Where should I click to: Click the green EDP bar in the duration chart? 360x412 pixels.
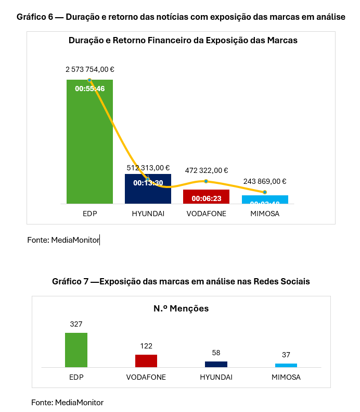click(x=89, y=146)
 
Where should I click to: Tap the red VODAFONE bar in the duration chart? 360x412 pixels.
click(x=206, y=197)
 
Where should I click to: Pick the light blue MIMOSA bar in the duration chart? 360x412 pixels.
click(x=265, y=199)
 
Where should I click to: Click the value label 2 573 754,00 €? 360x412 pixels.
click(x=90, y=69)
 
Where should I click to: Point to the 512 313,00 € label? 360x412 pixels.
click(x=148, y=168)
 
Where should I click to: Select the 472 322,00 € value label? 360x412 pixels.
click(x=207, y=170)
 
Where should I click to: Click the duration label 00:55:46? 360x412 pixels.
click(x=90, y=89)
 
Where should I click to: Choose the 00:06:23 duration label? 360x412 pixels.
click(x=207, y=198)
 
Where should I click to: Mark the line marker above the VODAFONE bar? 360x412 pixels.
click(x=206, y=181)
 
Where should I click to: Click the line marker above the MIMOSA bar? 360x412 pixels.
click(x=265, y=192)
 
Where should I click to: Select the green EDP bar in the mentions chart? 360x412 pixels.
click(x=76, y=350)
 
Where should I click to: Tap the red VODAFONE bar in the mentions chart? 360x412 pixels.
click(x=146, y=361)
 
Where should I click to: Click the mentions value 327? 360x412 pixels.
click(x=76, y=324)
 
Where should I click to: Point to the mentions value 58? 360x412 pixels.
click(x=216, y=353)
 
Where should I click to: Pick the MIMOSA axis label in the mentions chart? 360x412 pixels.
click(x=286, y=377)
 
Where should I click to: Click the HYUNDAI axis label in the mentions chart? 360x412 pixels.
click(x=216, y=377)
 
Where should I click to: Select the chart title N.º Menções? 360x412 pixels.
click(x=181, y=308)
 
